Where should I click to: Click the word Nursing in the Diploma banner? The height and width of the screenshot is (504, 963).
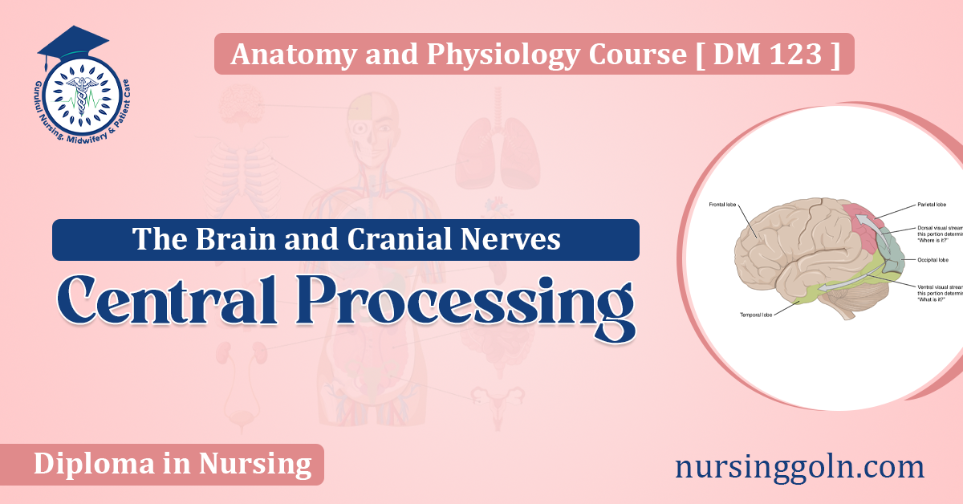coord(264,464)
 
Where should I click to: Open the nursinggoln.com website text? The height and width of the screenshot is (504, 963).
coord(800,465)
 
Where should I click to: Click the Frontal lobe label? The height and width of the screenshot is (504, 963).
coord(723,205)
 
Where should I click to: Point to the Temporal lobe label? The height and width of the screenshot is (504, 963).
coord(755,315)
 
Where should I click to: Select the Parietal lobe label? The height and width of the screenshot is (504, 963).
coord(932,205)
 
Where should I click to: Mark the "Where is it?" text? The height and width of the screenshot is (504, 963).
coord(932,241)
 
